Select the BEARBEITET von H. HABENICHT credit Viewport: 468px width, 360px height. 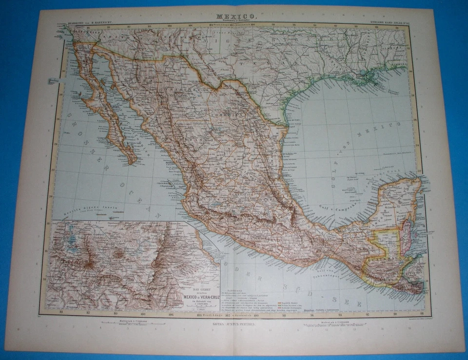88,21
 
